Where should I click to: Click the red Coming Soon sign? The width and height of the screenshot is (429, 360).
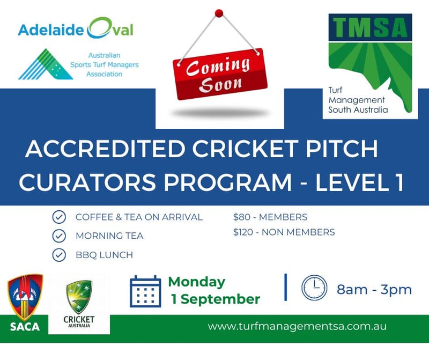tap(220, 75)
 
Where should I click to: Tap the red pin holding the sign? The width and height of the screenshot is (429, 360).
tap(218, 13)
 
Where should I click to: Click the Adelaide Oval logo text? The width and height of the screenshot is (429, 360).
tap(76, 28)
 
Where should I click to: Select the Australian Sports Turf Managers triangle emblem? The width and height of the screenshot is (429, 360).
tap(45, 64)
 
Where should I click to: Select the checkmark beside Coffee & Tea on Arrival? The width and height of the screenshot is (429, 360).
tap(59, 217)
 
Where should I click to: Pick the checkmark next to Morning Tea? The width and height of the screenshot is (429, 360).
tap(59, 236)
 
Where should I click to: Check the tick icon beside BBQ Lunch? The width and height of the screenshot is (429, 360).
tap(59, 254)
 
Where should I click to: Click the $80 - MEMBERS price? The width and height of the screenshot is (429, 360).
tap(270, 217)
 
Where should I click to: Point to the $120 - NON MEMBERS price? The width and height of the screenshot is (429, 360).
tap(284, 232)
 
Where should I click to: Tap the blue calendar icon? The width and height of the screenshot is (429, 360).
tap(145, 291)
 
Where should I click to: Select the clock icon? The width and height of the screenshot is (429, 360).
tap(314, 288)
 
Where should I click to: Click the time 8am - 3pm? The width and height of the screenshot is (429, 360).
tap(374, 290)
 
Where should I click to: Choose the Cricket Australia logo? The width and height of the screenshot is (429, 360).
tap(79, 303)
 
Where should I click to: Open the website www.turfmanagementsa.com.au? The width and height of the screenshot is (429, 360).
tap(297, 326)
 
